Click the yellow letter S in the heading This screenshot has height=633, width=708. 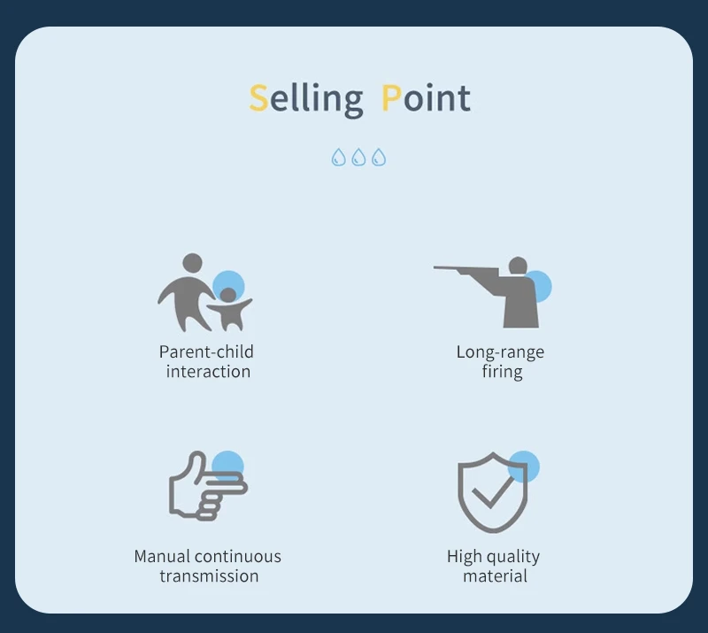(258, 97)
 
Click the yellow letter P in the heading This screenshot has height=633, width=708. (391, 97)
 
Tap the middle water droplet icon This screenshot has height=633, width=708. (358, 158)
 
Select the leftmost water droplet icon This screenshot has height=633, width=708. (339, 158)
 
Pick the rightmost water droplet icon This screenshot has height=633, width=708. (379, 158)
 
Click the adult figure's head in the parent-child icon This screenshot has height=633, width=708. (192, 263)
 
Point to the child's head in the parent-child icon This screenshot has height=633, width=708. (228, 296)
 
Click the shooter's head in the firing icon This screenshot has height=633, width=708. (518, 266)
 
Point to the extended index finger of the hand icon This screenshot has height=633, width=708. (226, 488)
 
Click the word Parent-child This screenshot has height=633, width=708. (206, 352)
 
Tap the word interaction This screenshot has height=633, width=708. (208, 372)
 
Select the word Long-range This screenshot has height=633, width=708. (500, 352)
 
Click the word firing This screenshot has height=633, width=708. (502, 373)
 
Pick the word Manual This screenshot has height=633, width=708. (161, 557)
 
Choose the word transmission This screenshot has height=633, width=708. (209, 576)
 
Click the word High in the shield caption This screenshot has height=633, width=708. (464, 557)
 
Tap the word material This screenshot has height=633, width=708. (496, 576)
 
